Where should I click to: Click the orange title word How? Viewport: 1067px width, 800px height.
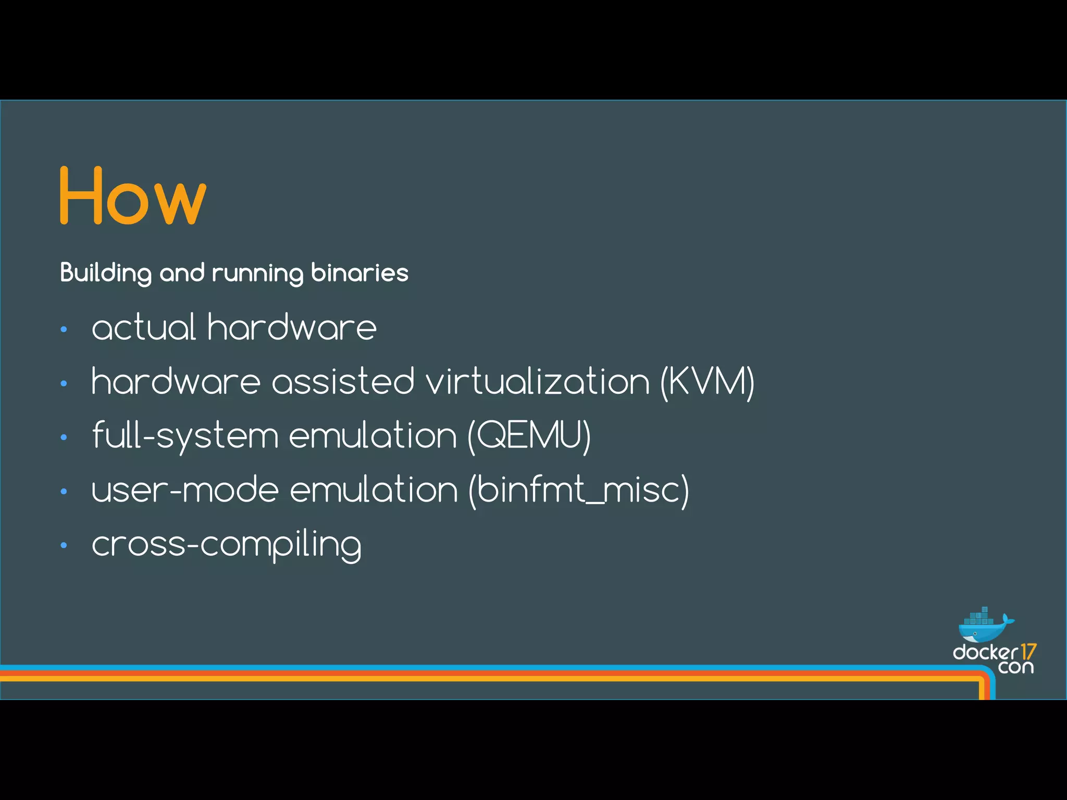(x=133, y=196)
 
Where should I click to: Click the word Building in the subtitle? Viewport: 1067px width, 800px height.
(x=106, y=273)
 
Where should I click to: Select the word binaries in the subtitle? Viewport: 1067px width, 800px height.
(x=359, y=273)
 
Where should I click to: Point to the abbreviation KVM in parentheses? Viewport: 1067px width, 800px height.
(x=708, y=382)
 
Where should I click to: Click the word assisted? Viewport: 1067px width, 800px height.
(x=343, y=382)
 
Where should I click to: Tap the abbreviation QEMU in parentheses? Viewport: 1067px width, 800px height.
(x=529, y=436)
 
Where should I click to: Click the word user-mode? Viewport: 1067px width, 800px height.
(x=185, y=490)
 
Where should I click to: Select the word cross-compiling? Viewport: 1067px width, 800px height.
(x=227, y=545)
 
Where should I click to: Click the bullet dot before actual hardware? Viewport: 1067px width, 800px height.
(x=64, y=329)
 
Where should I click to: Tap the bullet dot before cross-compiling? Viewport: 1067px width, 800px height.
(x=64, y=546)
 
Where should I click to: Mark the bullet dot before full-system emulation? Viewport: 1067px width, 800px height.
(x=64, y=438)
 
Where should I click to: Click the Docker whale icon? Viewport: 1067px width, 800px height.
(x=984, y=626)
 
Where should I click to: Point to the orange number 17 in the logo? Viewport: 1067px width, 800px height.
(x=1028, y=652)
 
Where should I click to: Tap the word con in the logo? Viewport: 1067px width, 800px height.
(x=1016, y=667)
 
